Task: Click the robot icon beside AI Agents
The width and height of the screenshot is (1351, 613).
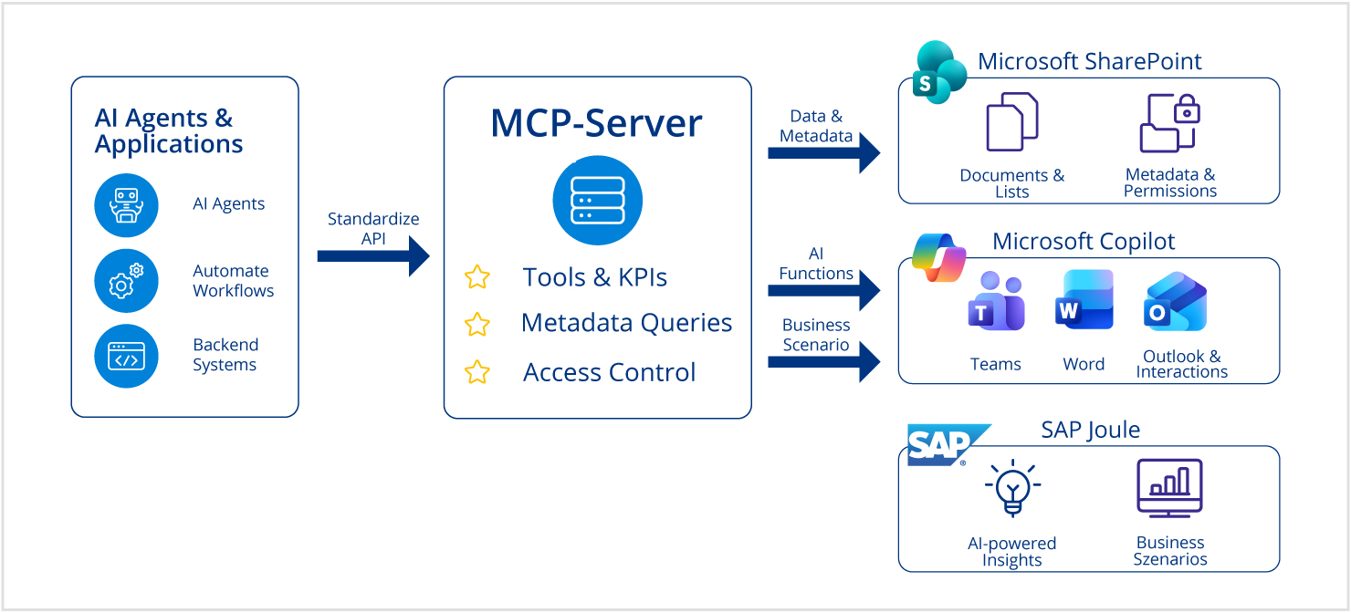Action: coord(126,205)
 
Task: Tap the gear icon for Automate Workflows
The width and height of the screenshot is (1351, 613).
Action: coord(126,281)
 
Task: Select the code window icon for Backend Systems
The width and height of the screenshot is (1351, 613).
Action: coord(126,356)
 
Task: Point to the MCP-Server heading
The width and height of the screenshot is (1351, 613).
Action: coord(597,123)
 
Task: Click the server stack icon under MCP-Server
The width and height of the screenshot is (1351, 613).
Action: coord(597,201)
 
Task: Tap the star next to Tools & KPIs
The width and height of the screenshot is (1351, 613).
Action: coord(477,277)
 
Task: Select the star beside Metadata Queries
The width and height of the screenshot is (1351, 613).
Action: coord(477,324)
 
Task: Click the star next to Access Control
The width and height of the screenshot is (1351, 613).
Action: coord(477,372)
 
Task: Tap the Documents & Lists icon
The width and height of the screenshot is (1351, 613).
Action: coord(1011,122)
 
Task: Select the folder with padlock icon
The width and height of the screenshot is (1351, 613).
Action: coord(1169,122)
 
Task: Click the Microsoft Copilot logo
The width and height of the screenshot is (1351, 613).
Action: coord(939,257)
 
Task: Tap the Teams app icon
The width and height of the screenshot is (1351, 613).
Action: coord(995,301)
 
